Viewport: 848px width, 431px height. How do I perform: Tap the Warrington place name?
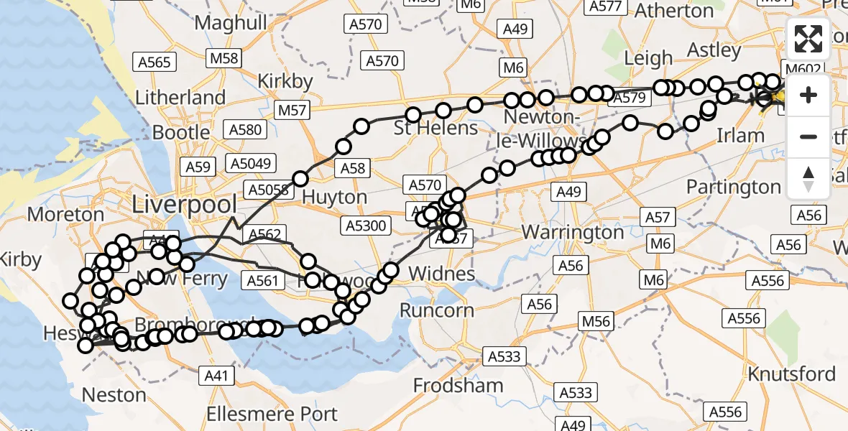click(573, 232)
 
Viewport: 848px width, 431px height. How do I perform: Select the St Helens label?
click(435, 128)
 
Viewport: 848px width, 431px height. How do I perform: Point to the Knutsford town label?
click(791, 374)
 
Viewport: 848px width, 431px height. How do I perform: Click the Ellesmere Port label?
click(272, 414)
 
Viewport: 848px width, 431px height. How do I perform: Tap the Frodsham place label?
click(458, 385)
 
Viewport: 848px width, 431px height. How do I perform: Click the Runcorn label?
click(437, 310)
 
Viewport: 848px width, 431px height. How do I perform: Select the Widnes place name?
click(441, 273)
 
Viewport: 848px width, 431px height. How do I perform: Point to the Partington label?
click(733, 187)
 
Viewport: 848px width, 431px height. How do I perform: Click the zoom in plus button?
click(808, 95)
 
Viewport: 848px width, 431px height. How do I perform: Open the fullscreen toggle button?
click(808, 39)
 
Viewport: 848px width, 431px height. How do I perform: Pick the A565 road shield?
click(155, 62)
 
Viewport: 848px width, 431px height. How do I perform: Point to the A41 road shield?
click(216, 374)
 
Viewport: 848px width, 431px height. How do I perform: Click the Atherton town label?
click(673, 11)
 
